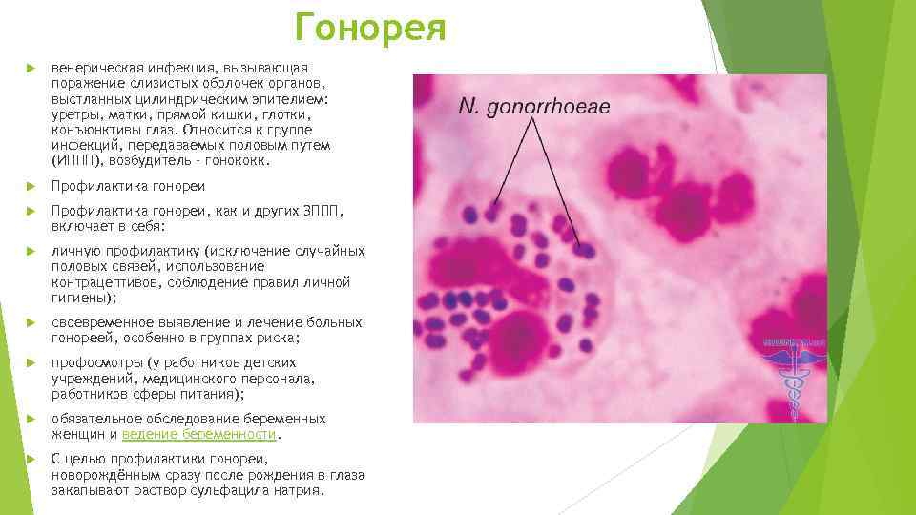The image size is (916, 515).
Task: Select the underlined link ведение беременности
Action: pos(198,434)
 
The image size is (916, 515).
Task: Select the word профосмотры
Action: pos(96,363)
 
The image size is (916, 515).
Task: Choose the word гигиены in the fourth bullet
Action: pos(78,298)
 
